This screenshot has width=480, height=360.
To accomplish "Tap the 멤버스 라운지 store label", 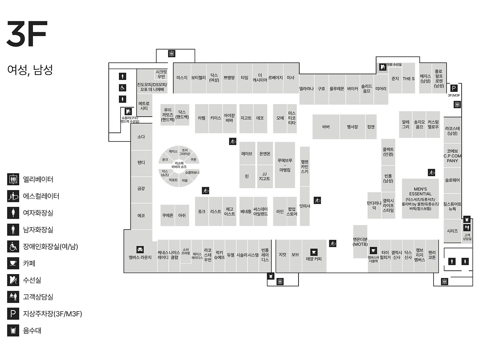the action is click(140, 257).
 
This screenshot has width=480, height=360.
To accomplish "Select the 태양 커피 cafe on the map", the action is click(314, 259).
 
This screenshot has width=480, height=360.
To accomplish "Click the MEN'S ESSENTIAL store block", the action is click(420, 199).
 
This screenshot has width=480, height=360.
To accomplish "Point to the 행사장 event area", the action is click(352, 127).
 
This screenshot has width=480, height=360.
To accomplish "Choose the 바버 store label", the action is click(326, 127).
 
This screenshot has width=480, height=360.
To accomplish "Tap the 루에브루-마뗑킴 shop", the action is click(285, 165).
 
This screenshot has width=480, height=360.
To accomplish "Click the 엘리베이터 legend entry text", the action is click(38, 179).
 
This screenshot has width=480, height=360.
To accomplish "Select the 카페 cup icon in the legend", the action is click(13, 263).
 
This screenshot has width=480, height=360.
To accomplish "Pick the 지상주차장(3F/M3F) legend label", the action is click(52, 313).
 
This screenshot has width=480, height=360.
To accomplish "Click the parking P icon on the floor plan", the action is click(454, 88).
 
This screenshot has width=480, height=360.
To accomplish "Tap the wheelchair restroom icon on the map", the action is click(122, 88).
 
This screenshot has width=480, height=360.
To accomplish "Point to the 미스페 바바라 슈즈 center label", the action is click(179, 165).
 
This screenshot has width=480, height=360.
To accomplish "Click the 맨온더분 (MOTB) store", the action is click(360, 242).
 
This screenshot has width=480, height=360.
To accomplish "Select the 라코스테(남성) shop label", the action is click(452, 130).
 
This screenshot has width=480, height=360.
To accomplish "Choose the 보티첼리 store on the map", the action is click(198, 78).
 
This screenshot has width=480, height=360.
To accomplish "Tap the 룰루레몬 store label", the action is click(337, 89).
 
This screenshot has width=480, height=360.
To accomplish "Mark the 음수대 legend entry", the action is click(32, 330).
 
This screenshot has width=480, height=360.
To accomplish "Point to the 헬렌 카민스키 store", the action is click(304, 166).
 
